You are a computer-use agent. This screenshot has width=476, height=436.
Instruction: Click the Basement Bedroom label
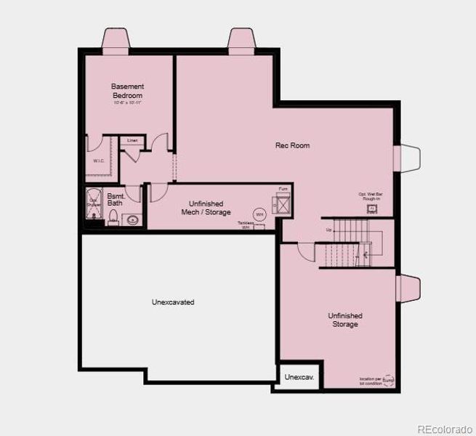127,91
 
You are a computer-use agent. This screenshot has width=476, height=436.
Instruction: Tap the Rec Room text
292,145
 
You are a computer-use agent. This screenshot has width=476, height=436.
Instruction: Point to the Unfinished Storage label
345,320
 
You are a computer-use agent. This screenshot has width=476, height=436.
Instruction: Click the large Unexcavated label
173,302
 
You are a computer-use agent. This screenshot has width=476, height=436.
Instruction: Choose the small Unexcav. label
299,377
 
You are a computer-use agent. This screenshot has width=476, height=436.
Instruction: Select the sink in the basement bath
132,219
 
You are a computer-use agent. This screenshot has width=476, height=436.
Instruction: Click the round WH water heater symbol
259,215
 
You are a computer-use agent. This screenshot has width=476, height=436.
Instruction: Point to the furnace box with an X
281,203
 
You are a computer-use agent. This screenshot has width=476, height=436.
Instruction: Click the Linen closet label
132,140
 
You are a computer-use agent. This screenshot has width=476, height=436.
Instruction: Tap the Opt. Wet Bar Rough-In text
371,195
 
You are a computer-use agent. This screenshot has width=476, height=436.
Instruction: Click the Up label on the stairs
328,230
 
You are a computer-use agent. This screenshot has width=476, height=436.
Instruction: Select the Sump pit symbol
388,380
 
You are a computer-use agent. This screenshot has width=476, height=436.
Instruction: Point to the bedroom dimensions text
127,103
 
